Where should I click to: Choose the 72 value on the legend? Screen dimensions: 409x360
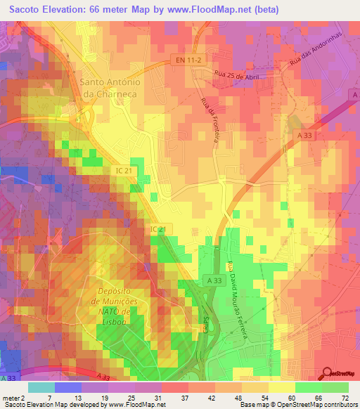tap(345, 397)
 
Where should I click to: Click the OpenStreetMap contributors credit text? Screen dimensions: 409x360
tap(321, 405)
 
